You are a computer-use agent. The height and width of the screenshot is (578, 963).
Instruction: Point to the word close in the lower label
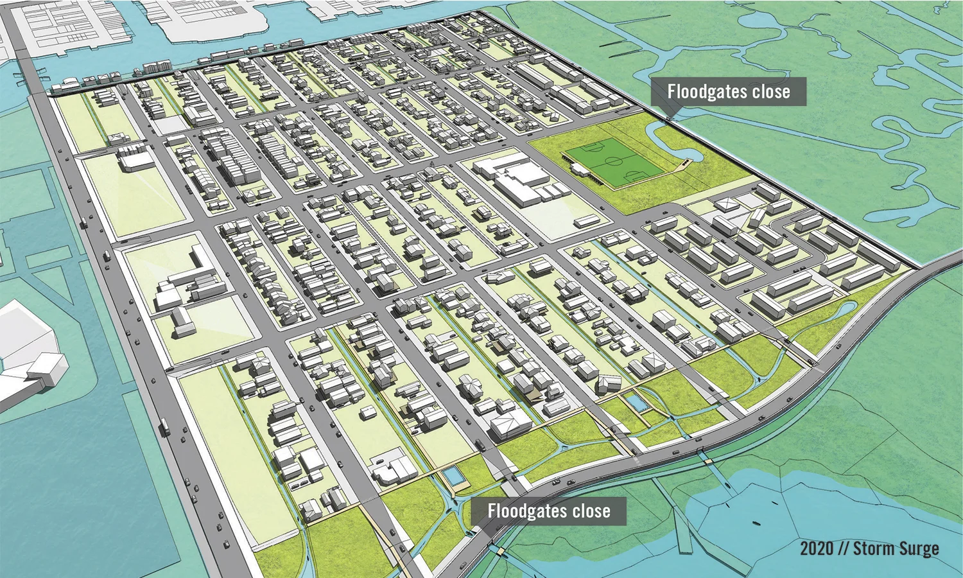(591, 511)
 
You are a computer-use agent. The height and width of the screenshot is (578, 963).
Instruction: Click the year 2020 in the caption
(817, 548)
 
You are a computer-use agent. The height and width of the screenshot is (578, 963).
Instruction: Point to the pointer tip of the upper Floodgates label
(672, 116)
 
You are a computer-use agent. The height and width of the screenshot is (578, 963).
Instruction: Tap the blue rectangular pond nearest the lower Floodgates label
(453, 476)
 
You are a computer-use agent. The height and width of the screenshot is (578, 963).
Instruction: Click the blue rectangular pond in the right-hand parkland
(637, 403)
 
